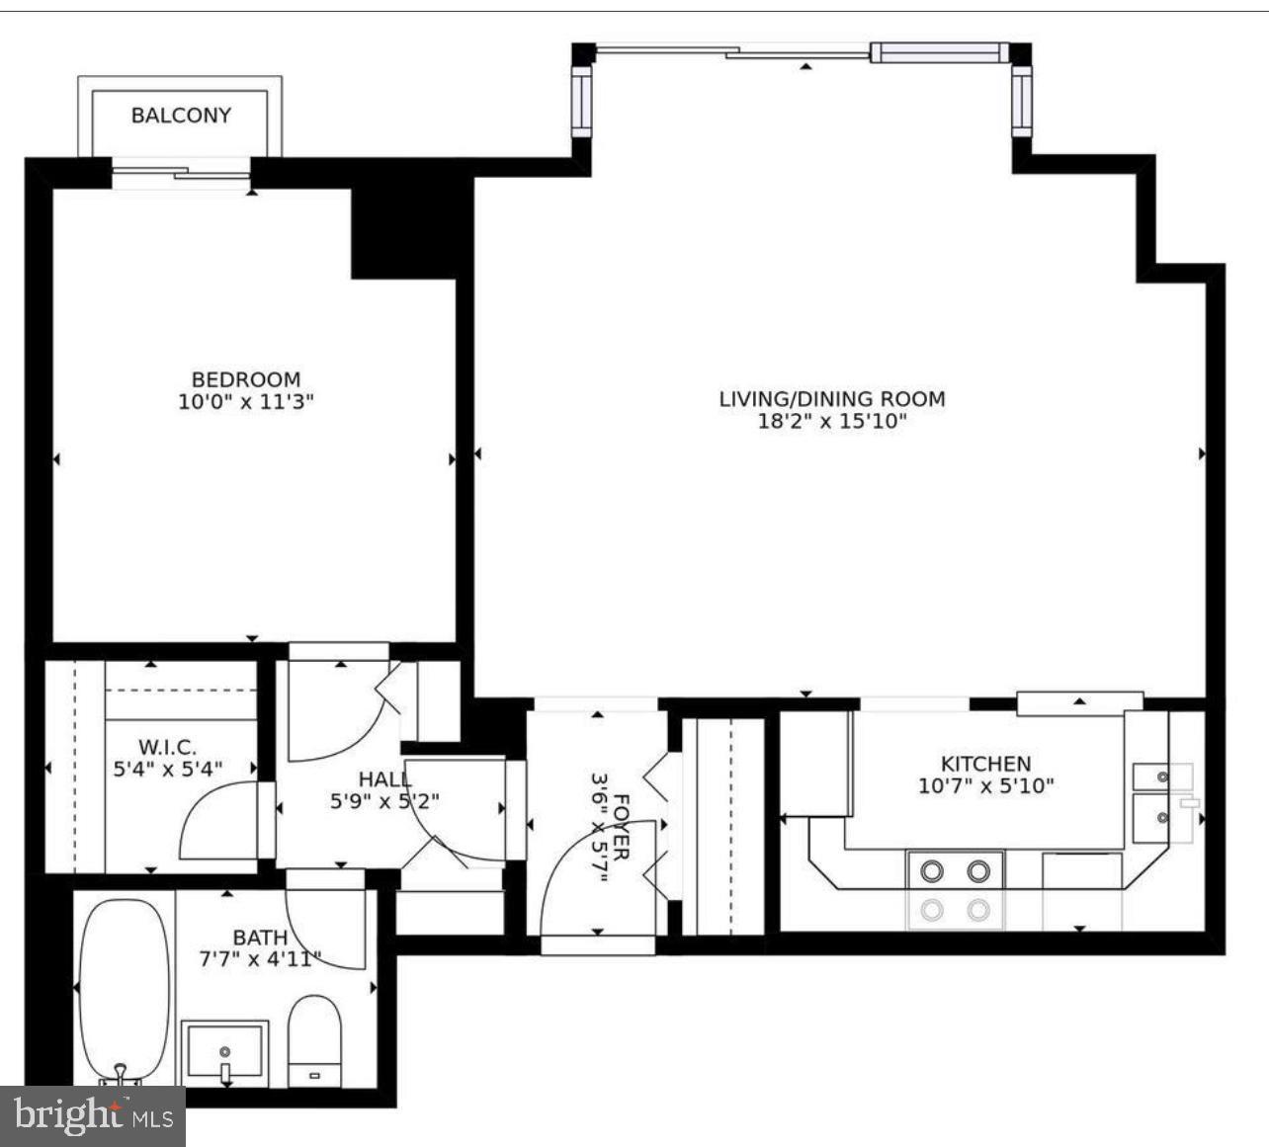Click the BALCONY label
(x=181, y=115)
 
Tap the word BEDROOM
(x=245, y=379)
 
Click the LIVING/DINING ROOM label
(x=831, y=399)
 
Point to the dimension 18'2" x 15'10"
(x=831, y=422)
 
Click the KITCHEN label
(x=985, y=764)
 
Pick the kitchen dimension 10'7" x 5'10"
(x=985, y=786)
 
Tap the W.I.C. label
(x=167, y=746)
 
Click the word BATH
(x=260, y=937)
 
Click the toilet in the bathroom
(x=315, y=1039)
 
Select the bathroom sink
(x=226, y=1053)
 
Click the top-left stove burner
(x=931, y=871)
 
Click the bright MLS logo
(x=93, y=1116)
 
